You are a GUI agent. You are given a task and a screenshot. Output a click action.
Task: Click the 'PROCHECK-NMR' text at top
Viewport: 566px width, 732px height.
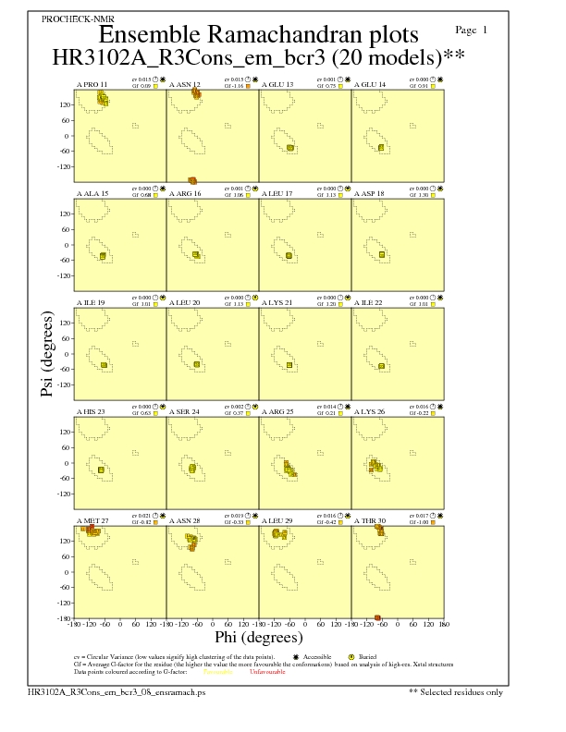[74, 18]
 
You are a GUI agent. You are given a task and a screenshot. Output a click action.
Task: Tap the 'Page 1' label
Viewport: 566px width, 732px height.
[472, 30]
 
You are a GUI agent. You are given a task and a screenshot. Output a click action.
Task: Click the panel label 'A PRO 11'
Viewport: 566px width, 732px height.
[92, 84]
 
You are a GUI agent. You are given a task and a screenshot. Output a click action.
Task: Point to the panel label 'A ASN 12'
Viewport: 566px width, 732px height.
[185, 84]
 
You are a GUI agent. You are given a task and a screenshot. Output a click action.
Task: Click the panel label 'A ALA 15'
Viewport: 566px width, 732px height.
[92, 193]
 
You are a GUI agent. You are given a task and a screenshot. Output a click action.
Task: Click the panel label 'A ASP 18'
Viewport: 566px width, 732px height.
[371, 193]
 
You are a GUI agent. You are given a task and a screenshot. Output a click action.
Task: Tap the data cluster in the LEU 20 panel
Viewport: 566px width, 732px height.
[197, 364]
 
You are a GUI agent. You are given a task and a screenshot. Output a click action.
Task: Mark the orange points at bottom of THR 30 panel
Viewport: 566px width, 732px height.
[378, 617]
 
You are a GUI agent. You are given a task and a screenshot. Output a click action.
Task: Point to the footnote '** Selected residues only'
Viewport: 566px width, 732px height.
[457, 691]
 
